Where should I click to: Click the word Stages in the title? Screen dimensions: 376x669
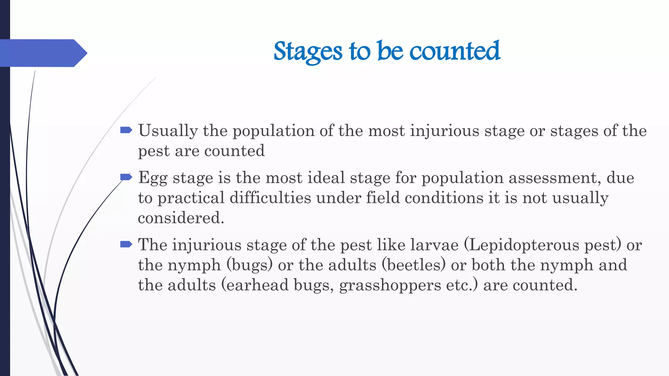coord(308,52)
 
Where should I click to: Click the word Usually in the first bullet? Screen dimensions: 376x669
coord(168,131)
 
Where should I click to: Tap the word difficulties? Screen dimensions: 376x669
coord(270,198)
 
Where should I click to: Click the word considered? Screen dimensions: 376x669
coord(181,218)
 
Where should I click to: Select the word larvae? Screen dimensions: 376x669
coord(434,245)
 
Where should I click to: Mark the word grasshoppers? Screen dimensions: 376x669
coord(390,286)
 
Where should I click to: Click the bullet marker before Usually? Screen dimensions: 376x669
coord(126,131)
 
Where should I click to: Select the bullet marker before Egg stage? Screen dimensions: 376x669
coord(126,177)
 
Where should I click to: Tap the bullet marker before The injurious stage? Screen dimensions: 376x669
coord(126,244)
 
